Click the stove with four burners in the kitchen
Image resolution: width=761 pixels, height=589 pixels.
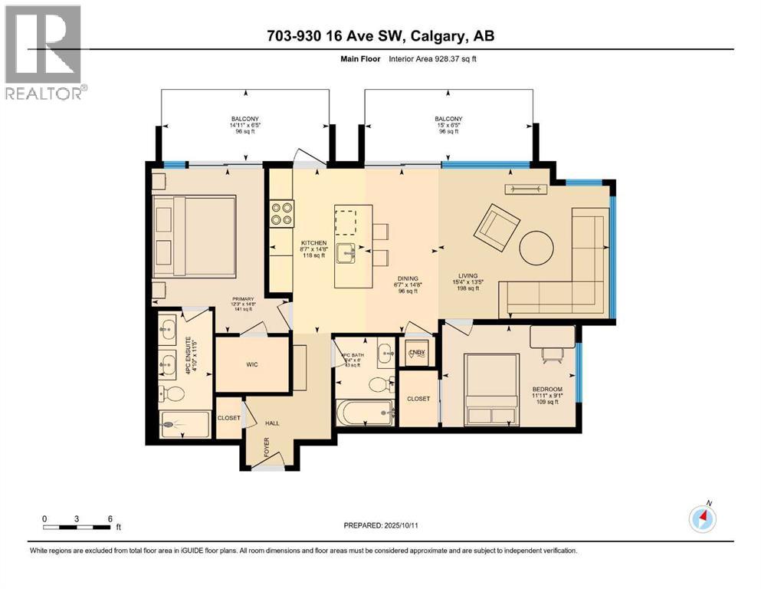point(281,212)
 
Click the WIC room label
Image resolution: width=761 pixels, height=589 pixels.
point(251,364)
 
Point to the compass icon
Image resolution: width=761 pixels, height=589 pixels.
point(702,518)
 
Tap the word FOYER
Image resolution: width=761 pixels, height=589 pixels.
point(267,447)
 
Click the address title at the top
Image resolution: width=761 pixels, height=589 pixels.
point(380,37)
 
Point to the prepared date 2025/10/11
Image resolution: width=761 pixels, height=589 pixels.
point(381,525)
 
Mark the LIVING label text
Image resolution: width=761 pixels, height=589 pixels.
point(467,276)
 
